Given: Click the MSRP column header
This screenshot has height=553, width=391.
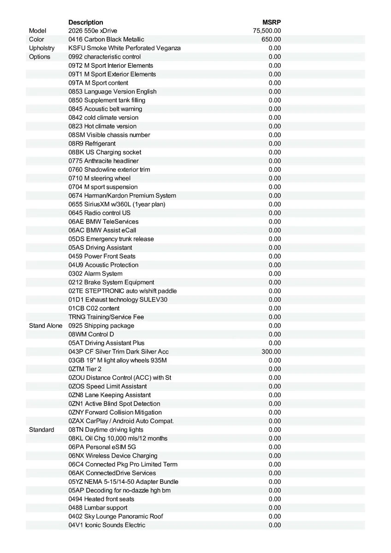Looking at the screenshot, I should tap(272, 22).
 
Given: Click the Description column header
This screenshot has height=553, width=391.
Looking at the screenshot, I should tap(86, 22).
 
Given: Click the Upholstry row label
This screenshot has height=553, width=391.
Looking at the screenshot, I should tap(41, 48).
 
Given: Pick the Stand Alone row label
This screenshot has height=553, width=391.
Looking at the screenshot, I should tap(46, 326).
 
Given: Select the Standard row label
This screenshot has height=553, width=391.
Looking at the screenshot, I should tap(41, 429).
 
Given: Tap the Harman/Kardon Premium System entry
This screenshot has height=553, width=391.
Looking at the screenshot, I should tap(122, 195).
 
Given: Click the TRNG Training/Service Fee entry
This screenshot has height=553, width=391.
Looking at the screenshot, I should tap(106, 317).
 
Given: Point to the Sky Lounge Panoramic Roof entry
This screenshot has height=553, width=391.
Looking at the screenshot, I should tap(116, 516).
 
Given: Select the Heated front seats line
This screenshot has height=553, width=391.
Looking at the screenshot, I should tap(101, 499).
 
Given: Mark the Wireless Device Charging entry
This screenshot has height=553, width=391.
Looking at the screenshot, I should tap(113, 456).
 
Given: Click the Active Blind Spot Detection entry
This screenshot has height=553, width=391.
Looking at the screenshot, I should tap(114, 404).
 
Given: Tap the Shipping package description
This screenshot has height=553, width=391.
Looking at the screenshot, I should tap(101, 326).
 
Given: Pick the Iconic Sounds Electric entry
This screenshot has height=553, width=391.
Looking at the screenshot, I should tap(107, 525).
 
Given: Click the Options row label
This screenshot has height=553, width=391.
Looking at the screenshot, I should tap(40, 57).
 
